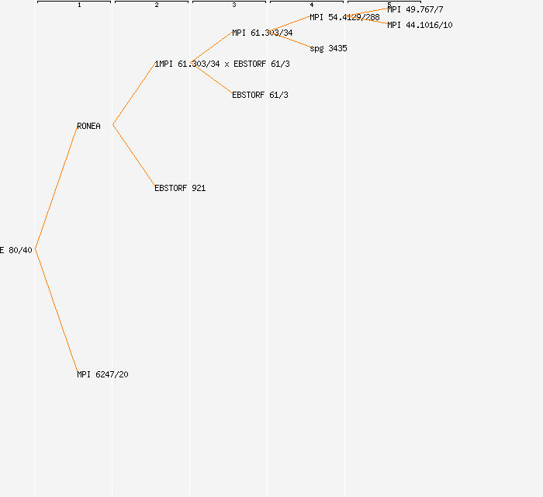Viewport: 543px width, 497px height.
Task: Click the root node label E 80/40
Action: tap(16, 250)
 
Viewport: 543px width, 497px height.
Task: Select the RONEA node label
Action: tap(88, 126)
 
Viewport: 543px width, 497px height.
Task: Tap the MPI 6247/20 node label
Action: tap(102, 374)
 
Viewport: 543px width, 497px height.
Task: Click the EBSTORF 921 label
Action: tap(180, 188)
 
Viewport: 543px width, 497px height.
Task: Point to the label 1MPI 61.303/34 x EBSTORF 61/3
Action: tap(222, 64)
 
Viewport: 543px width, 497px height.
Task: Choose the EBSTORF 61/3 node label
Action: tap(261, 95)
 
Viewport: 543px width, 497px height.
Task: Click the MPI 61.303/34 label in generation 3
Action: tap(262, 33)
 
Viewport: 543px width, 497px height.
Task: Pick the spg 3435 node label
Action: tap(328, 48)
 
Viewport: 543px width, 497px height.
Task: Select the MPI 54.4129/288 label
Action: tap(344, 17)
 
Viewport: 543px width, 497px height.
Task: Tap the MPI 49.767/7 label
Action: tap(415, 9)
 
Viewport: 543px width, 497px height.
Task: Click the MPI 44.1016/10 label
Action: tap(420, 25)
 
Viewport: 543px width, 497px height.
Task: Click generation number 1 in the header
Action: tap(79, 5)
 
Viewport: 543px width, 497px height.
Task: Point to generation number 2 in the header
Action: tap(157, 5)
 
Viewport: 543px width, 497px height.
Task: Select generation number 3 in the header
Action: tap(234, 5)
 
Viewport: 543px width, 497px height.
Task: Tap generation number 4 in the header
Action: tap(312, 5)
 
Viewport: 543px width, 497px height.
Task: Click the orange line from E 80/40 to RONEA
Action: tap(56, 187)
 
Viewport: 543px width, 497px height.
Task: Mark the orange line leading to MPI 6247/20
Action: tap(56, 311)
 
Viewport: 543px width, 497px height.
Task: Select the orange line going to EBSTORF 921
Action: tap(133, 156)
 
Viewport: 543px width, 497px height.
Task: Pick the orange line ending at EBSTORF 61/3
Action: tap(211, 79)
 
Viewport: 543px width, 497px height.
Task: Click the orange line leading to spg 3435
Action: tap(289, 40)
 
